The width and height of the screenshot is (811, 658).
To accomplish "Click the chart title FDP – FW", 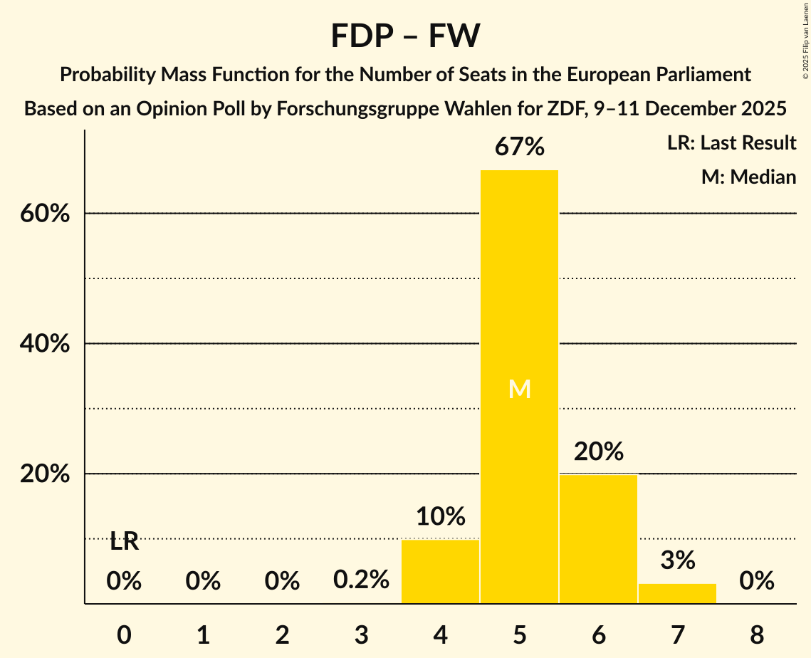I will click(405, 36).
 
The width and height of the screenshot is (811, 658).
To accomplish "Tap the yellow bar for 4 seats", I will click(440, 571).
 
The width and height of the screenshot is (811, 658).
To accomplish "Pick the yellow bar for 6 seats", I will click(598, 538).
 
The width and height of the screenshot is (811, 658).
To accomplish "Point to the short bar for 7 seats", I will click(677, 593).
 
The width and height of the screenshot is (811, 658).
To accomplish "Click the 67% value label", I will click(520, 147).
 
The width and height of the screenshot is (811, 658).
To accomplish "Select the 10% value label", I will click(441, 516).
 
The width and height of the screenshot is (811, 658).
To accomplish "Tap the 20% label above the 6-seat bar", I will click(599, 451).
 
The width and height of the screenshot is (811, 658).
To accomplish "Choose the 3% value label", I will click(677, 560).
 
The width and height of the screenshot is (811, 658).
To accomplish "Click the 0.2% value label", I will click(362, 580).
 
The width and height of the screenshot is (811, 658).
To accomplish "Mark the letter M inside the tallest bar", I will click(520, 389).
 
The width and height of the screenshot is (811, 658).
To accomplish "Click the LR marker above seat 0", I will click(124, 542).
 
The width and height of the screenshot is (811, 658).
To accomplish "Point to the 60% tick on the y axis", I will click(45, 214).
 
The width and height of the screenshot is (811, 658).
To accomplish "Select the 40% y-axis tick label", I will click(45, 344).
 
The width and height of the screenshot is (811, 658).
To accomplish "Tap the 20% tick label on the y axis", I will click(45, 474).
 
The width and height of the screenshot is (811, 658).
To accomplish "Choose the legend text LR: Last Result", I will click(731, 143).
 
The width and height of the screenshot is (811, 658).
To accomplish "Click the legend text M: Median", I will click(748, 177).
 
